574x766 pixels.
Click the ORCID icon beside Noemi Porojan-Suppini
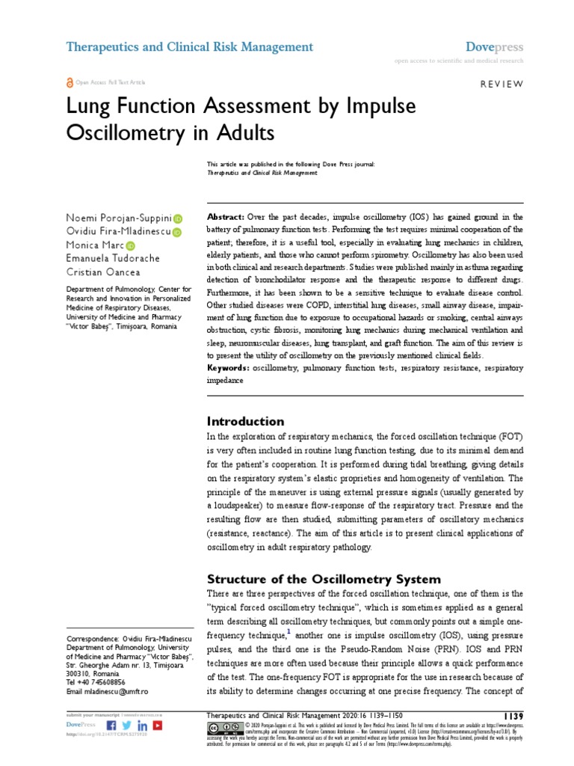pos(178,219)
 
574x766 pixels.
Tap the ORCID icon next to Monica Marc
pos(131,246)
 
